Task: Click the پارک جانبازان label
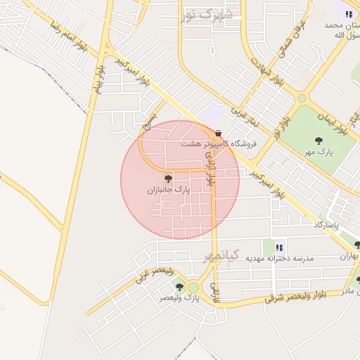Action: pos(168,190)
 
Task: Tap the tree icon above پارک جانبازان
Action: pos(167,179)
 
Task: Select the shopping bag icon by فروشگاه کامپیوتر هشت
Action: pos(218,133)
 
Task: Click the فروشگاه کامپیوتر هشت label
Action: pos(209,143)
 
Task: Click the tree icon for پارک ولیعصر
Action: pos(179,287)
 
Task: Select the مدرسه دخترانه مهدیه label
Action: pos(278,258)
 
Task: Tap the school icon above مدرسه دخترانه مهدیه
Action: pos(279,247)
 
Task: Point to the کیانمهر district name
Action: pos(222,255)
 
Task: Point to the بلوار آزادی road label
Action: pos(212,172)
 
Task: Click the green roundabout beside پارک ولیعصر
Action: pos(193,287)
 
